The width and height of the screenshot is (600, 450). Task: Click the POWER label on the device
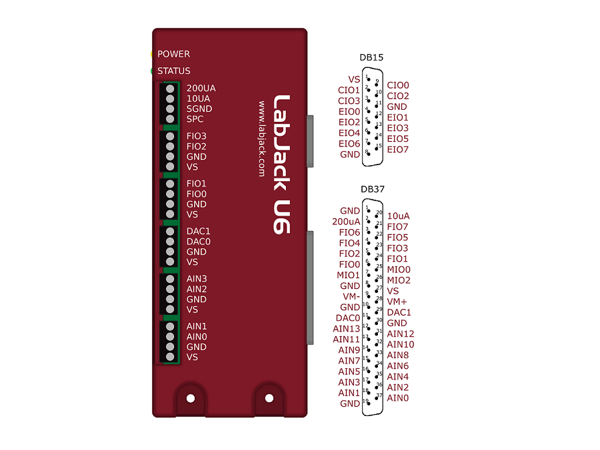173,54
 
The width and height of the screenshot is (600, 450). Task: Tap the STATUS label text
173,71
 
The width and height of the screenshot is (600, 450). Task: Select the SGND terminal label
199,109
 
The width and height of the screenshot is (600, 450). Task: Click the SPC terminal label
195,119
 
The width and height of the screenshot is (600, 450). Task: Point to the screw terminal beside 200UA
171,89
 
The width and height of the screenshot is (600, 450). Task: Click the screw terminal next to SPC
171,119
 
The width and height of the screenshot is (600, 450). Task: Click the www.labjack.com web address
263,138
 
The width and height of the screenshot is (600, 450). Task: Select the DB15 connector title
371,57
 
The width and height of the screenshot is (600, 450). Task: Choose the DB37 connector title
373,189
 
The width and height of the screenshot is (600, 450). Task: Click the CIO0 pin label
398,85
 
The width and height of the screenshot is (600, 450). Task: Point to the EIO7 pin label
398,149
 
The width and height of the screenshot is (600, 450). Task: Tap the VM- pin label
351,296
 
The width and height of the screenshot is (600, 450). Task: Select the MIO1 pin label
349,275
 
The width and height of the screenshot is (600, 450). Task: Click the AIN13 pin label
347,328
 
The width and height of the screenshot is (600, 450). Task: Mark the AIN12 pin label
401,334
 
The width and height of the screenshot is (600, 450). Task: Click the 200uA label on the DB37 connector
346,221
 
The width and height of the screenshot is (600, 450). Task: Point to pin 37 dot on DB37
377,398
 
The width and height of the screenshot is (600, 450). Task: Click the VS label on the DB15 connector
354,79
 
